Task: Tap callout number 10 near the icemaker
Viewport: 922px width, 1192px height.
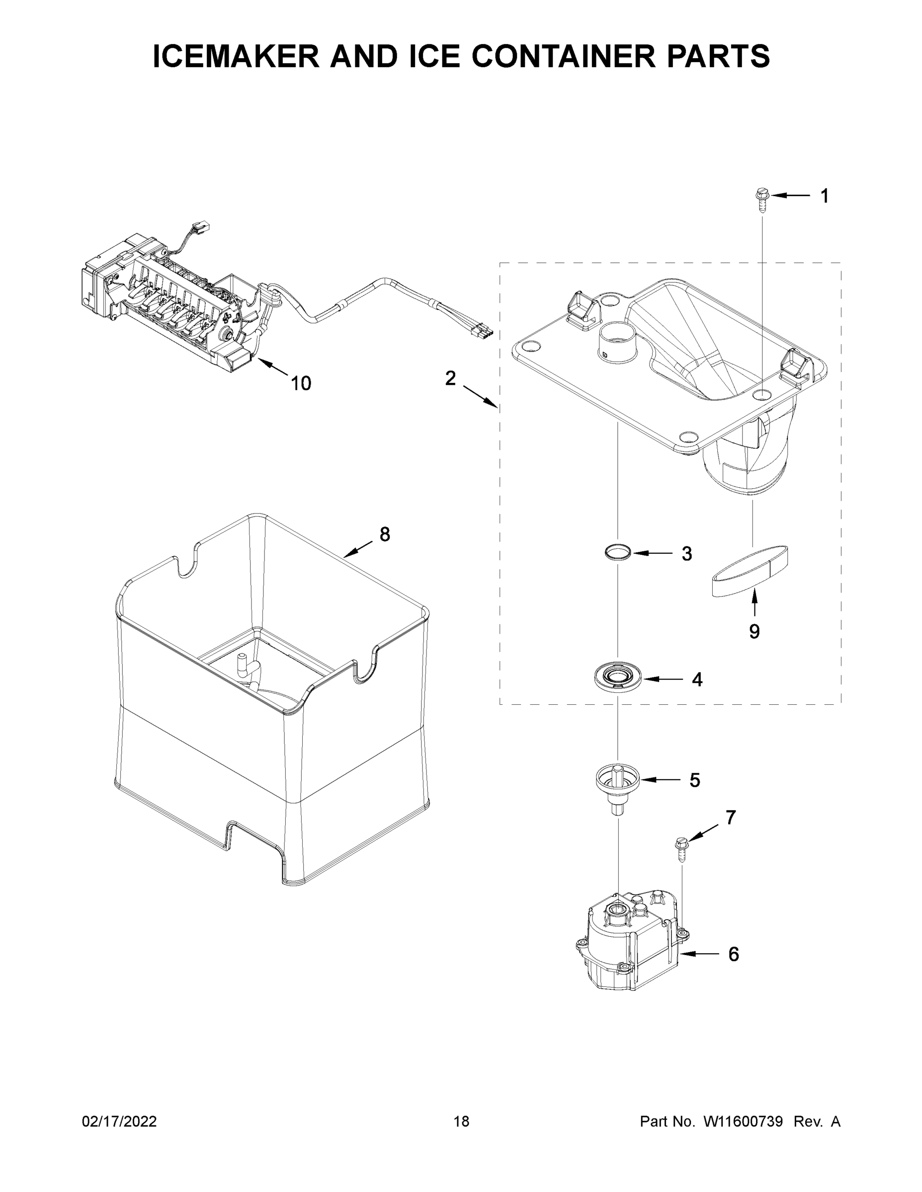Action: point(300,383)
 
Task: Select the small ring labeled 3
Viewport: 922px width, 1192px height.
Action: point(618,552)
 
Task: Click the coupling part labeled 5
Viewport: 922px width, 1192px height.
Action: point(617,784)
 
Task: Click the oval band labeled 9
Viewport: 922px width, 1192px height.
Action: point(751,571)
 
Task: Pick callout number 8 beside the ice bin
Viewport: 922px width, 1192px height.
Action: point(385,534)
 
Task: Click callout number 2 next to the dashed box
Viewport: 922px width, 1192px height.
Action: point(450,377)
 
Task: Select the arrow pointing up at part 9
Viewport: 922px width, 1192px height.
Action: point(754,603)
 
